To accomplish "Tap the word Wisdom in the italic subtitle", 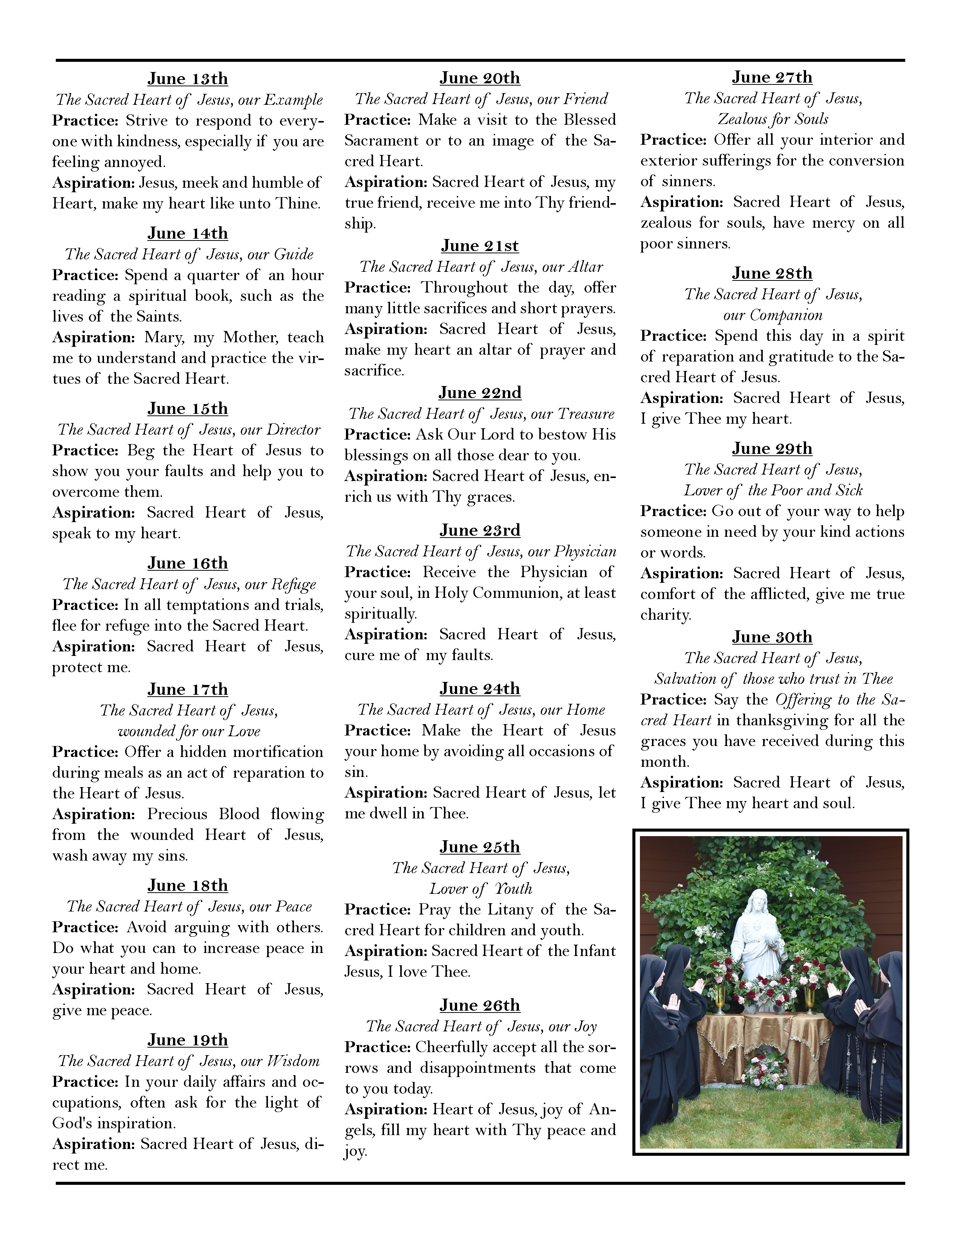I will click(x=293, y=1060).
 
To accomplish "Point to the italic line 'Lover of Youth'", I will click(x=480, y=889).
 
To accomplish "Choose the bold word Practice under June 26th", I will click(x=377, y=1047).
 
